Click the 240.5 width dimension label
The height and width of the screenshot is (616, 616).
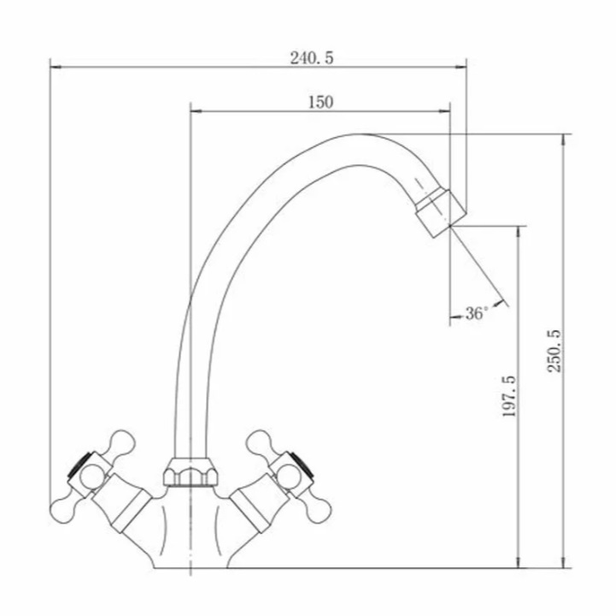point(312,58)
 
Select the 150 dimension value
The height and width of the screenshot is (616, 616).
point(320,103)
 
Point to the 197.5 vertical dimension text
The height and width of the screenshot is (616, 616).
point(509,396)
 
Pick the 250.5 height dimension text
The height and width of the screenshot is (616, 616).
point(554,351)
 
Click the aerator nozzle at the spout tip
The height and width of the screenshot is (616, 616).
point(441,213)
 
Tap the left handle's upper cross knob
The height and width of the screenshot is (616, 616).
point(121,442)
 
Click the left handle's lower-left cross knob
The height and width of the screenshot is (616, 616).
point(63,509)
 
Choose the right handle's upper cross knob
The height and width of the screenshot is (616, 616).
point(260,442)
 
